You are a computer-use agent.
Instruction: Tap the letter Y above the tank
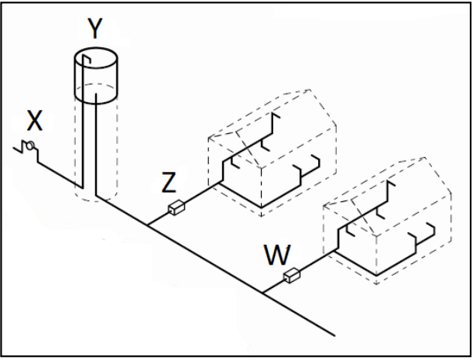coord(94,29)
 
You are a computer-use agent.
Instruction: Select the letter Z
coord(169,183)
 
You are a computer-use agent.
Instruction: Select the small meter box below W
coord(292,275)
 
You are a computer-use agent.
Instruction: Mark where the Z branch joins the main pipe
coord(147,225)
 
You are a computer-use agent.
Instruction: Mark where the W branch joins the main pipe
coord(262,293)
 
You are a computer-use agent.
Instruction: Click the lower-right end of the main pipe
coord(334,335)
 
